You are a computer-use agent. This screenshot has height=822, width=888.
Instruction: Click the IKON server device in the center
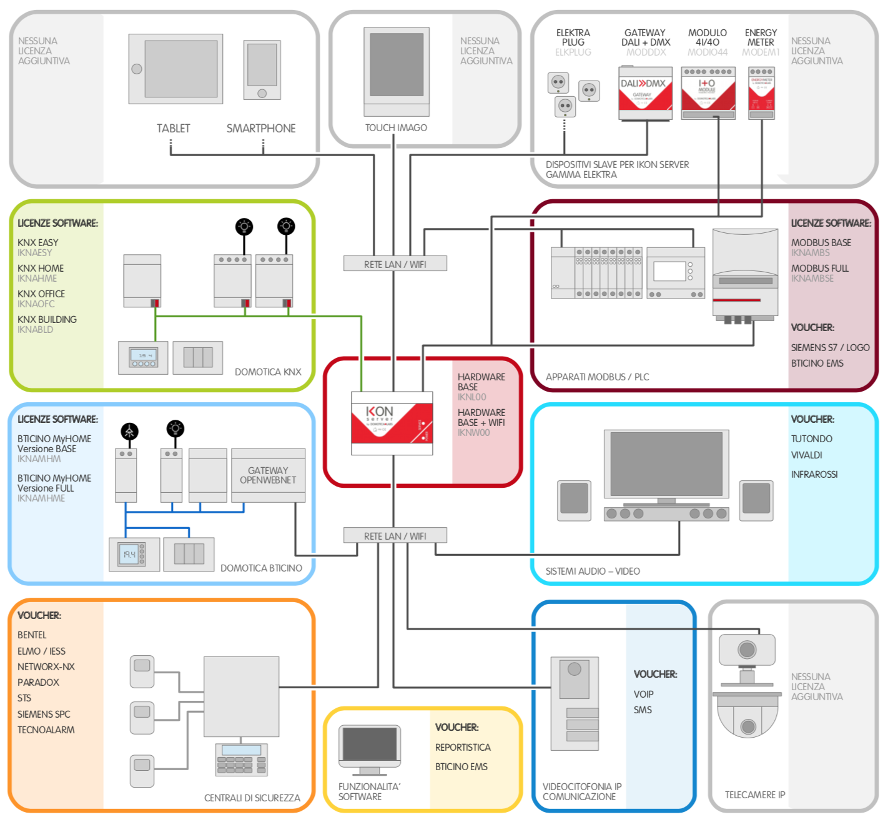[x=392, y=423]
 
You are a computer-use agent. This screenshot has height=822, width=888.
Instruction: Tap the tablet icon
[x=175, y=69]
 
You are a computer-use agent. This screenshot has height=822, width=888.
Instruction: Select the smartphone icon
[x=262, y=70]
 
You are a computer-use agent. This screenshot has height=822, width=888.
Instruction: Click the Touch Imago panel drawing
[x=397, y=71]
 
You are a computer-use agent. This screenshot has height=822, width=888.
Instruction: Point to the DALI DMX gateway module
[x=645, y=93]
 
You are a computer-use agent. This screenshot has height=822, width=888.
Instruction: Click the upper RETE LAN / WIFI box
[x=395, y=264]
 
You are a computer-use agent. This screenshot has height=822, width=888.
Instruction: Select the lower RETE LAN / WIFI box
[x=395, y=536]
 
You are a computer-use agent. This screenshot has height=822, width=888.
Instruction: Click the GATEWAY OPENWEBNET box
[x=268, y=475]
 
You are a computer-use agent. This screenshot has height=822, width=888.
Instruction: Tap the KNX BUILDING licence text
[x=47, y=319]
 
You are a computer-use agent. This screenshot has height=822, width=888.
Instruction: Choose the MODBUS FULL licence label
[x=819, y=268]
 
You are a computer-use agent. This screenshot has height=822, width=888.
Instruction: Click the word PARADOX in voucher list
[x=38, y=682]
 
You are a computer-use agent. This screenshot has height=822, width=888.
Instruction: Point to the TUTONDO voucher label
[x=811, y=439]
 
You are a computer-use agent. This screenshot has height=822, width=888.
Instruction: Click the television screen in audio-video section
[x=666, y=464]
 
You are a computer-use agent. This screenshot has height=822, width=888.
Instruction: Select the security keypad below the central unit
[x=241, y=760]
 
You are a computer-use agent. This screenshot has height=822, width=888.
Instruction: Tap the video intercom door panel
[x=575, y=703]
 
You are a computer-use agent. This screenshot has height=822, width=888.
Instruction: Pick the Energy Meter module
[x=761, y=93]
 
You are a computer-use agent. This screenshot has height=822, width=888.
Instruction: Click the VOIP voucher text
[x=643, y=694]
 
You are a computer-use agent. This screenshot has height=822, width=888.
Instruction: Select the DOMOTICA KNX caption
[x=268, y=372]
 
